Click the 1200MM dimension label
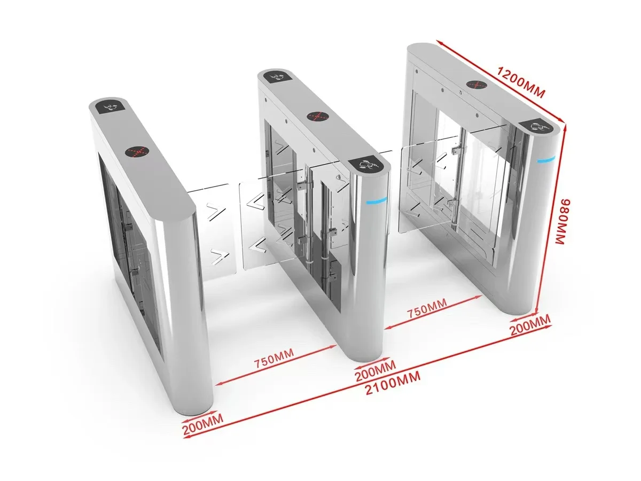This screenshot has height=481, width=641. (x=521, y=82)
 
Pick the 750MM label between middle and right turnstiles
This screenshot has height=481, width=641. (x=427, y=308)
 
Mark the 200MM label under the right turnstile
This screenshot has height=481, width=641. (x=530, y=325)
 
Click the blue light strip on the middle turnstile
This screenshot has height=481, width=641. (x=377, y=200)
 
